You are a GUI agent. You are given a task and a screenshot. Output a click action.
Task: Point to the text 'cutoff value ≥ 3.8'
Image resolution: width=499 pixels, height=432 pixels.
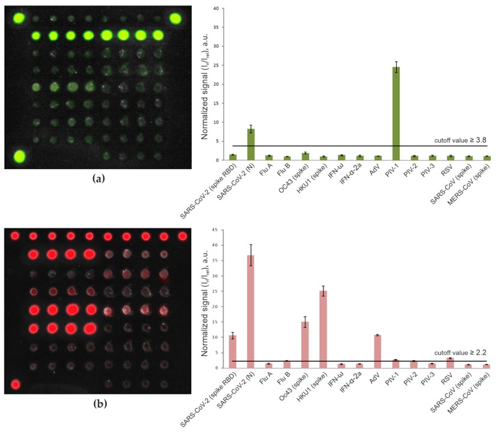460,140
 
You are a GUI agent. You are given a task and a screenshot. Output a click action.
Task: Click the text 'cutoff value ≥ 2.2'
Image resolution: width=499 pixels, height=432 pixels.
460,355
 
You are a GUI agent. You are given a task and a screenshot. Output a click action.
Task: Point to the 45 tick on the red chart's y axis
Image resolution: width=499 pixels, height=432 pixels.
218,229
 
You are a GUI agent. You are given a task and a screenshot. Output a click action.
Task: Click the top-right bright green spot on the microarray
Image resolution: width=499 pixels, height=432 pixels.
175,18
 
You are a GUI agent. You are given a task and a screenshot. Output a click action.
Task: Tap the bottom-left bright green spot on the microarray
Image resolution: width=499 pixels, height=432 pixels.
19,157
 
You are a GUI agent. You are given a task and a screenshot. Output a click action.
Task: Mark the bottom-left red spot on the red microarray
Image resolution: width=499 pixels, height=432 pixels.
16,384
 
